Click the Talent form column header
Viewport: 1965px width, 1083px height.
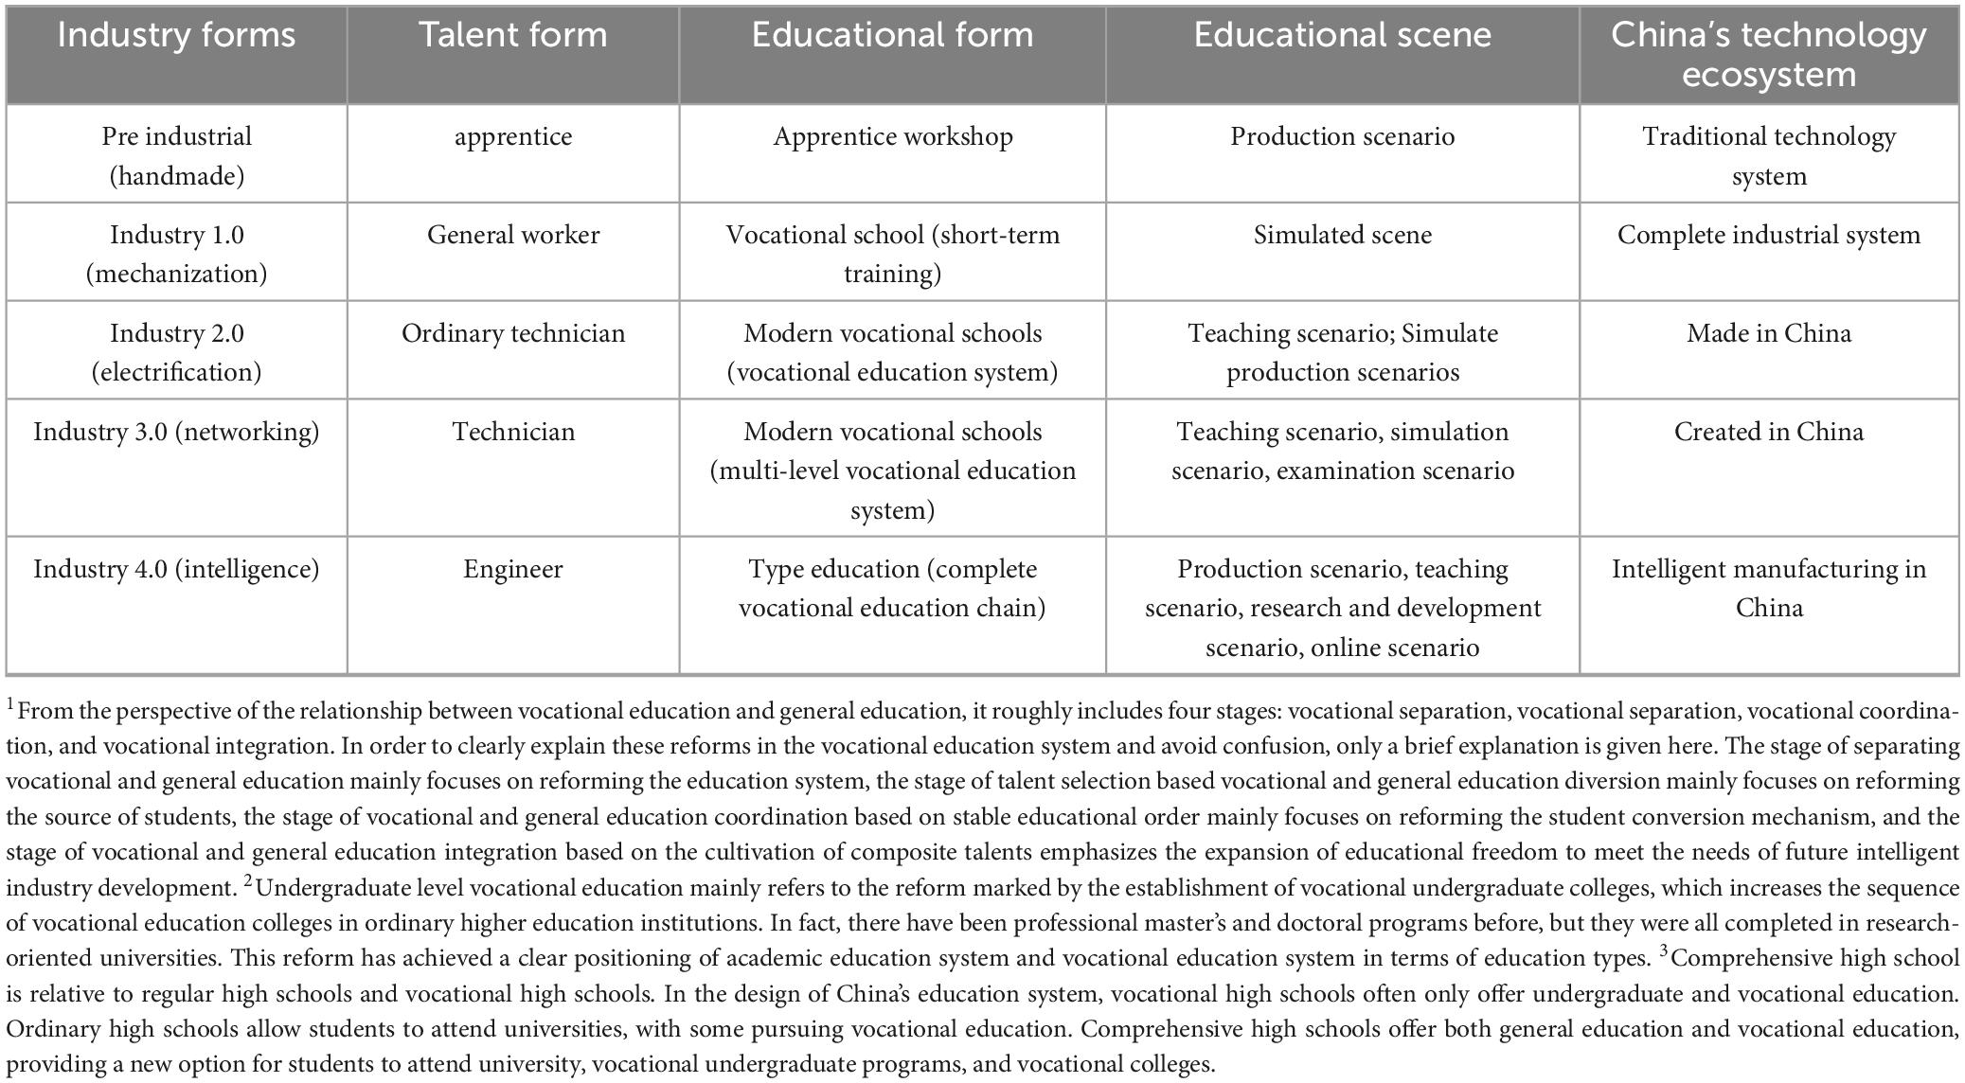(512, 36)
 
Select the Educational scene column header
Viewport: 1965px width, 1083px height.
(1342, 36)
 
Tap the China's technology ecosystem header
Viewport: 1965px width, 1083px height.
(1768, 55)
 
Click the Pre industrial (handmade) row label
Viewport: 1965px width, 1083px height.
(176, 155)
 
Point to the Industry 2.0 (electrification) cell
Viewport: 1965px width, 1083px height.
(176, 352)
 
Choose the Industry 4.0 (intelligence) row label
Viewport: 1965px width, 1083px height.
(176, 569)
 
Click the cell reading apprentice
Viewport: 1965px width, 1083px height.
(512, 136)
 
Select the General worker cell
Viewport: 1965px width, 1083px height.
(512, 235)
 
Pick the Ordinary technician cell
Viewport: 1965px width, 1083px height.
(512, 333)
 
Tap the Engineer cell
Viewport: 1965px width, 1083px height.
(512, 569)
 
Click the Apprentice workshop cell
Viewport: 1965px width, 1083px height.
(892, 136)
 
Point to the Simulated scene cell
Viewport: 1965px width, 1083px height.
(1342, 235)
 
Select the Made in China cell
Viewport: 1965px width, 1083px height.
(1768, 333)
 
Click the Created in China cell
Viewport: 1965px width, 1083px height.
(1768, 432)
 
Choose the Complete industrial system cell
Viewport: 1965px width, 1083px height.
(1768, 235)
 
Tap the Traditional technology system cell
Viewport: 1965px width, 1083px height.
(1768, 155)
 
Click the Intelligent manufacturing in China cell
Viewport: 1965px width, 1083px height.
(1768, 588)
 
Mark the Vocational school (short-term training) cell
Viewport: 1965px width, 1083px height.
(892, 254)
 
